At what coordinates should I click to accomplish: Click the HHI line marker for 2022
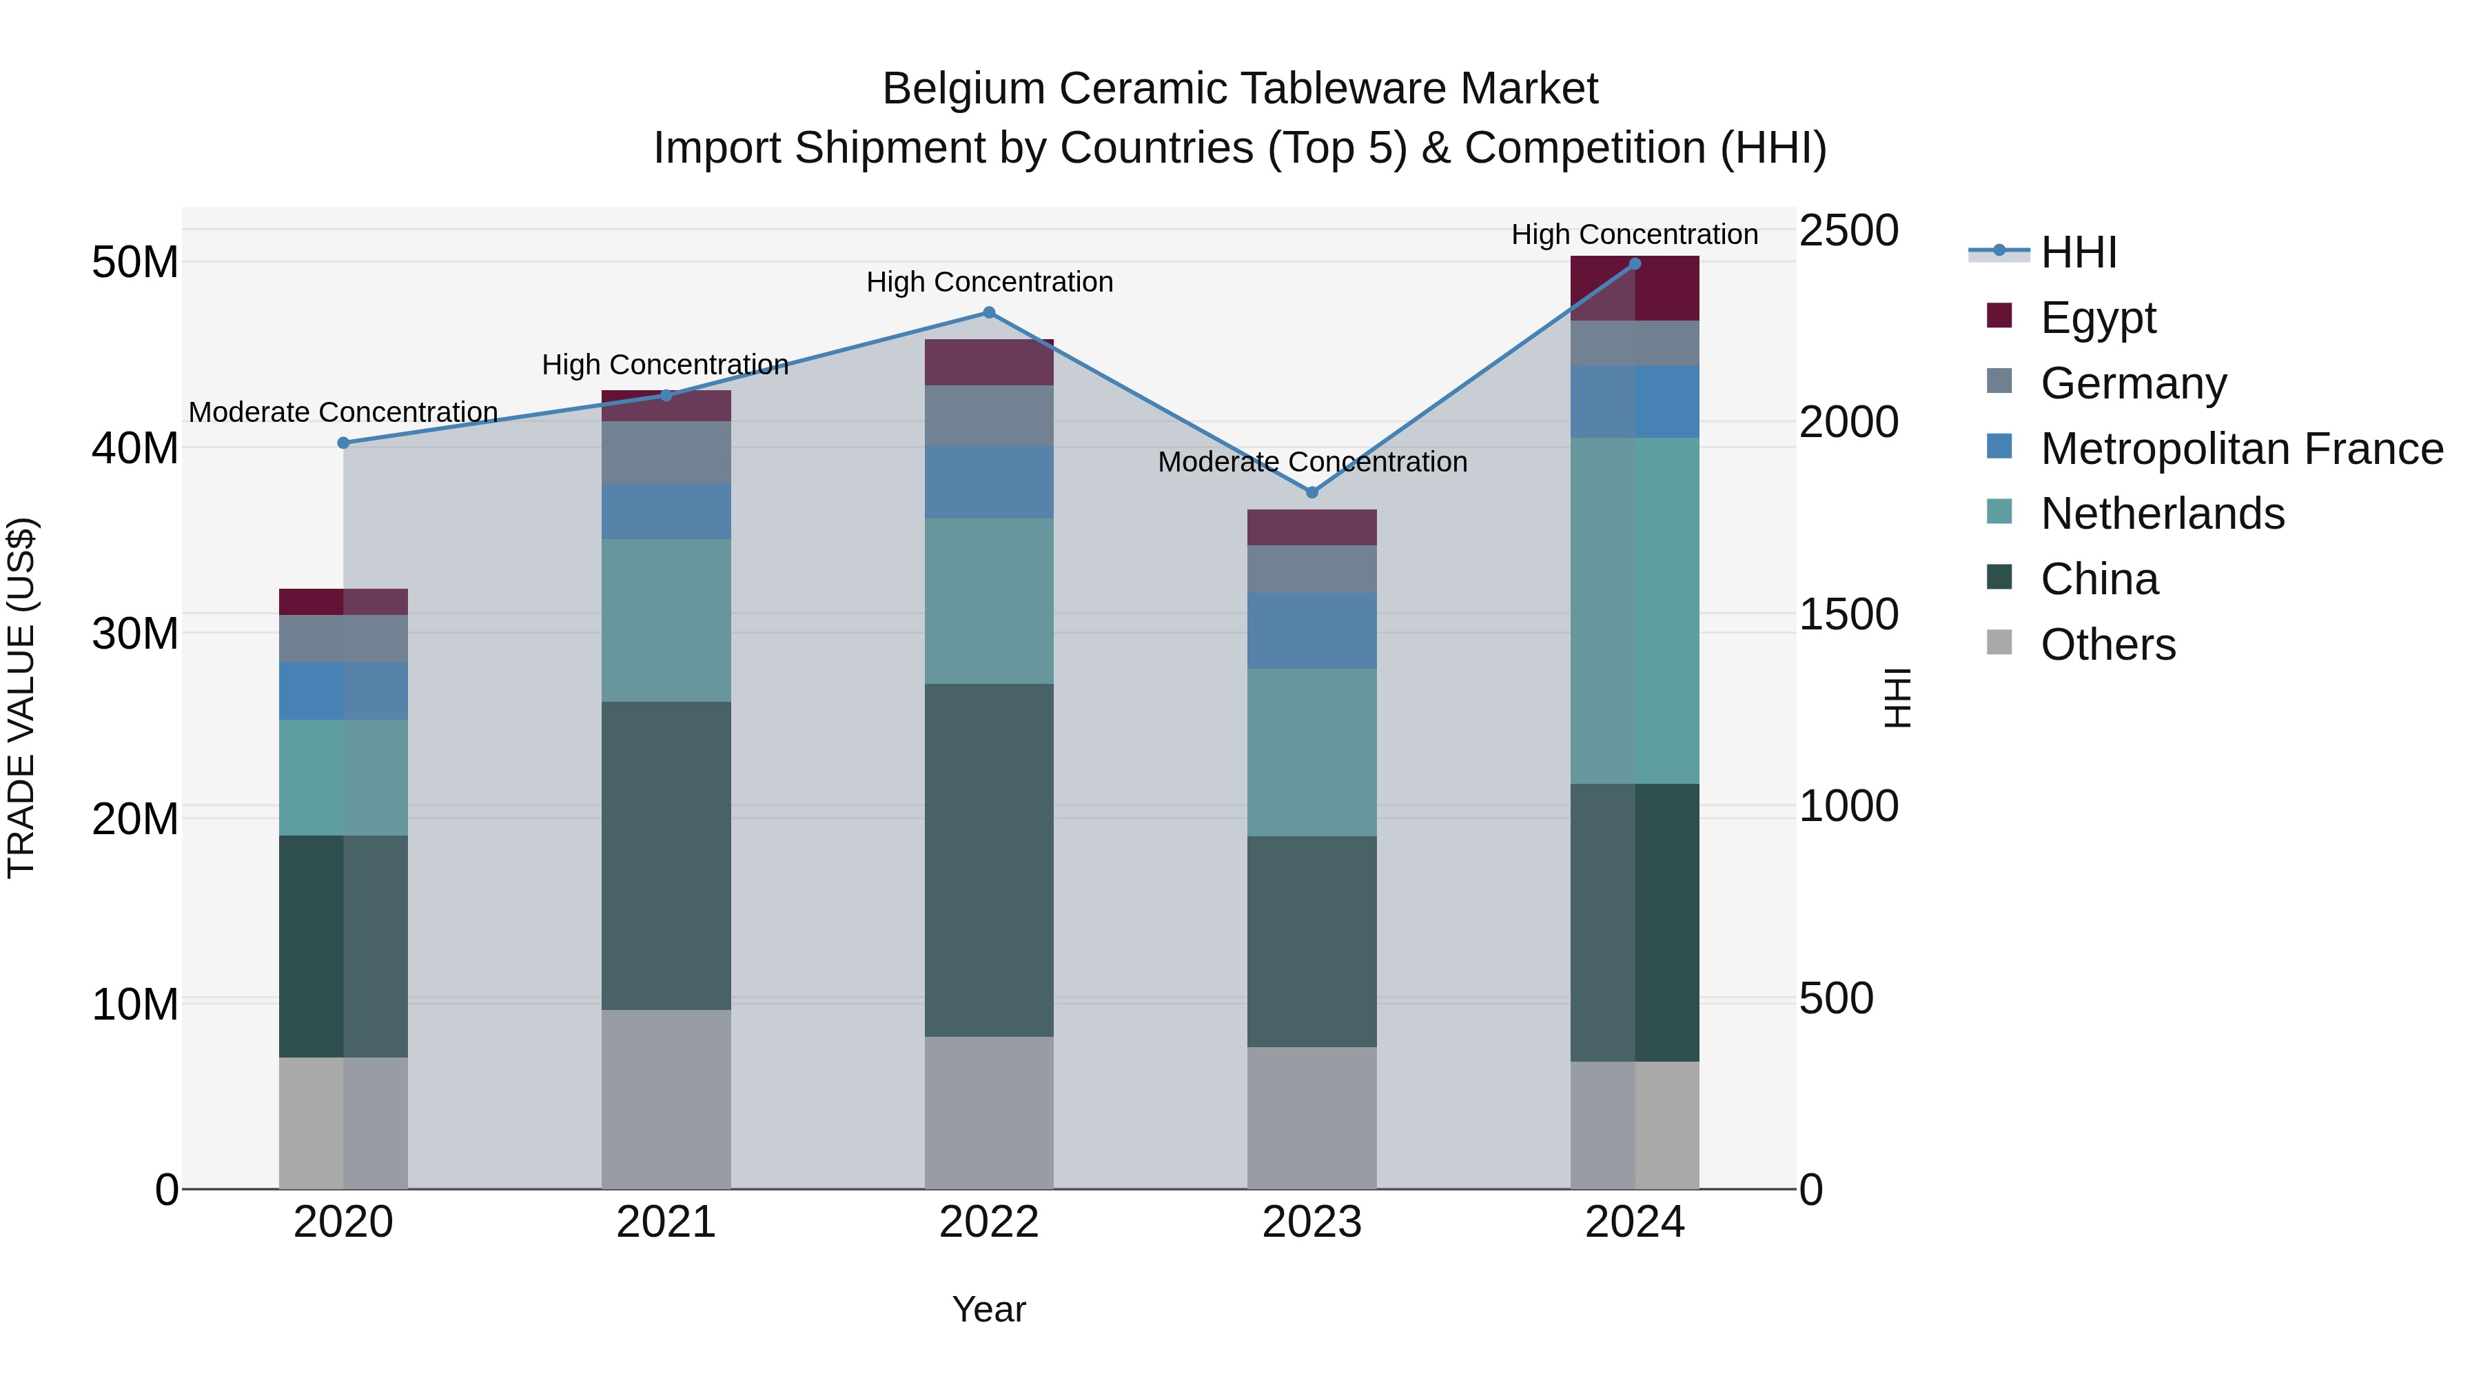(988, 312)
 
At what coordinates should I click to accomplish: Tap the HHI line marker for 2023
(1311, 492)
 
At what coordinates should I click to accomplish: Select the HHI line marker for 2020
(343, 443)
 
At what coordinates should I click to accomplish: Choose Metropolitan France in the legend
(2240, 448)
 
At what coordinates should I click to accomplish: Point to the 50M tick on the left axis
(135, 262)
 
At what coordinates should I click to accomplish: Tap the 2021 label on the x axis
(666, 1222)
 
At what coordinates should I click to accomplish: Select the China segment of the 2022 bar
(988, 860)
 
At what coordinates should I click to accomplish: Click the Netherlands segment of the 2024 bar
(1635, 610)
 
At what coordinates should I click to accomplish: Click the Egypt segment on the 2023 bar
(1311, 527)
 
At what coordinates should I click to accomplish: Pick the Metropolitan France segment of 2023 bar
(1311, 630)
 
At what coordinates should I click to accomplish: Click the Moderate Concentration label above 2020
(343, 412)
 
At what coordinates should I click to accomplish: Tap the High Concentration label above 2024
(1635, 234)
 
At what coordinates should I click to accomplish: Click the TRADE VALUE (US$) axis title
(21, 698)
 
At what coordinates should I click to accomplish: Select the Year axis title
(988, 1309)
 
